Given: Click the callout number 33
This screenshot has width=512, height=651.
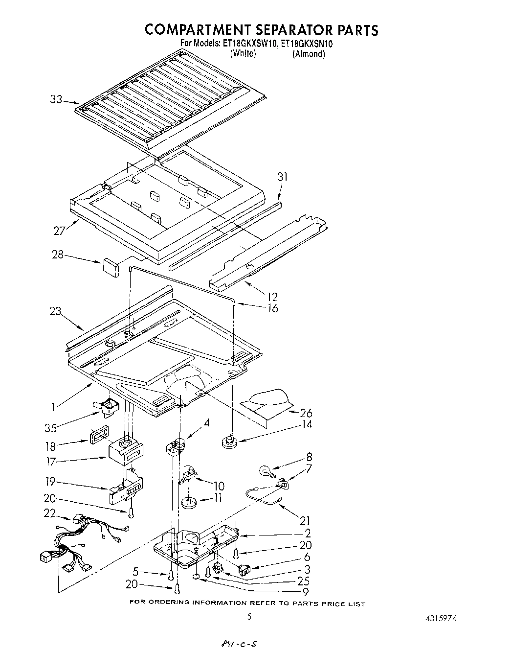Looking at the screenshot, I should (56, 100).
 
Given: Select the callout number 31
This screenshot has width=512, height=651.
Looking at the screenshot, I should (283, 177).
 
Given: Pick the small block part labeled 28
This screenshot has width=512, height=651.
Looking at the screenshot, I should (111, 268).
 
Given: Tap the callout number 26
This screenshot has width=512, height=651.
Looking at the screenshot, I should (306, 413).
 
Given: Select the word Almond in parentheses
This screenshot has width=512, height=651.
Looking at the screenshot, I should (309, 54).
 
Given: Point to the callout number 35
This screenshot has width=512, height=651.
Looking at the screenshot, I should (50, 428).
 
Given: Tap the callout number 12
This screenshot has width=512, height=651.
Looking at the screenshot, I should (272, 297).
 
